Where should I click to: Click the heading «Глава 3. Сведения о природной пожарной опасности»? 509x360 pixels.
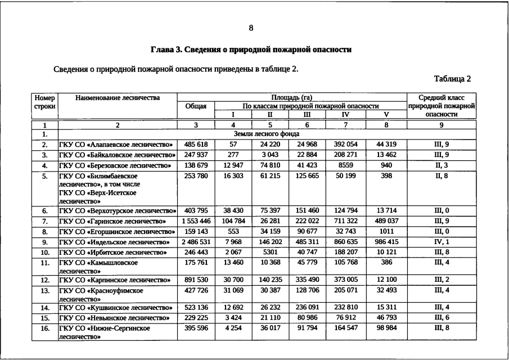click(x=251, y=49)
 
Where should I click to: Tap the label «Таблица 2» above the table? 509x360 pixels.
click(x=452, y=79)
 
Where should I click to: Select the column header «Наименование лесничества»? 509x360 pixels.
click(x=118, y=98)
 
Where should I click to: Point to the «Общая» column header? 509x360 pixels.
click(x=196, y=106)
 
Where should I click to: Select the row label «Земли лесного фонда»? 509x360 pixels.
click(x=267, y=134)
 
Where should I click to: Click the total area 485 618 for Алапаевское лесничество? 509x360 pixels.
click(x=196, y=144)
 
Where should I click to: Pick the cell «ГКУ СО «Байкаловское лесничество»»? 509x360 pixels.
click(x=117, y=155)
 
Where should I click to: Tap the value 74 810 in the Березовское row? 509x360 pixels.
click(x=270, y=165)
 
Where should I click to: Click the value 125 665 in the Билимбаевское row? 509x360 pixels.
click(x=307, y=176)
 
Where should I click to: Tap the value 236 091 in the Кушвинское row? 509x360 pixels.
click(x=307, y=307)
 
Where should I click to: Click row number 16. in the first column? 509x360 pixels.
click(x=44, y=328)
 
